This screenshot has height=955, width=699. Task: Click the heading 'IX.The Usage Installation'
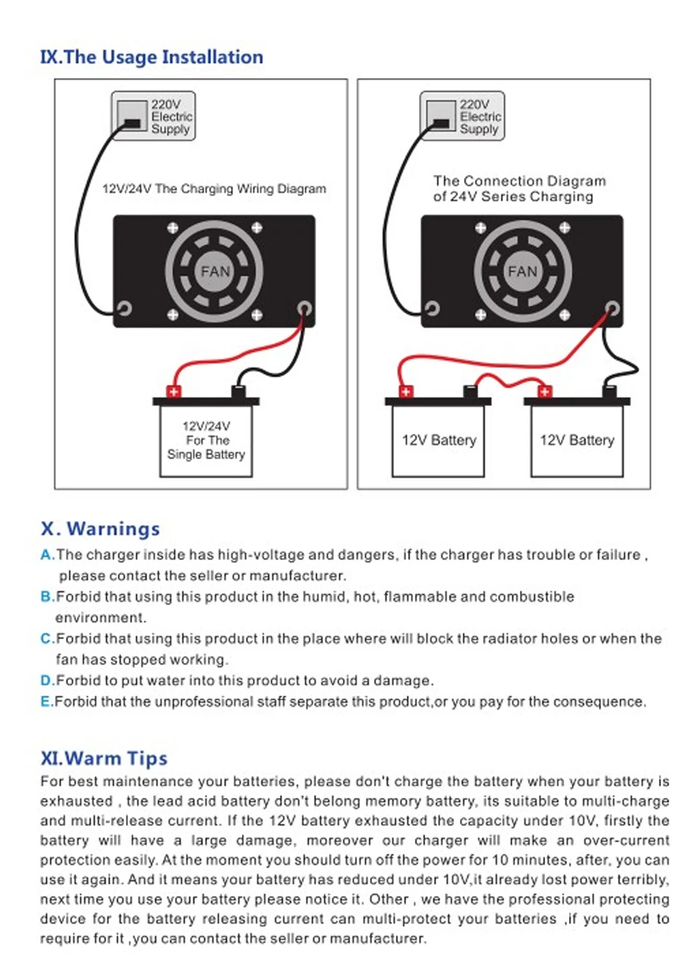[152, 57]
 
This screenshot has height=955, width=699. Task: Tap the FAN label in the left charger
[215, 271]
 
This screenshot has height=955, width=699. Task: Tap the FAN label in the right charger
[523, 271]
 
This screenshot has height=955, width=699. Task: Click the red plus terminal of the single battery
[173, 392]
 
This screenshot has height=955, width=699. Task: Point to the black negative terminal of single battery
[238, 392]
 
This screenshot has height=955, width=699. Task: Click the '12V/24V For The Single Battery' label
[206, 440]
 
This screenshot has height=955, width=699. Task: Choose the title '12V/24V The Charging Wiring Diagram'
[215, 189]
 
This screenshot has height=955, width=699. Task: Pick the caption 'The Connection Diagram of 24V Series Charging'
[519, 189]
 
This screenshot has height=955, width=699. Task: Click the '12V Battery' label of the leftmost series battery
[440, 440]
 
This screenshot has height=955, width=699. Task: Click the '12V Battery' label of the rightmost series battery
[577, 440]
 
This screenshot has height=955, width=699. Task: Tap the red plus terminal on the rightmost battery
[545, 392]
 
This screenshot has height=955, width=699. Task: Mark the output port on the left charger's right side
[304, 308]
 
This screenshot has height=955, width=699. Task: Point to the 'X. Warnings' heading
[100, 529]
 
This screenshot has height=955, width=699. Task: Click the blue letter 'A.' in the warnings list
[48, 555]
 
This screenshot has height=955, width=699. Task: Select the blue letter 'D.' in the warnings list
[48, 680]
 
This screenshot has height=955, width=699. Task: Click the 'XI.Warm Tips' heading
[104, 759]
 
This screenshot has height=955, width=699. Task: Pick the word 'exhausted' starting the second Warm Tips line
[77, 801]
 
